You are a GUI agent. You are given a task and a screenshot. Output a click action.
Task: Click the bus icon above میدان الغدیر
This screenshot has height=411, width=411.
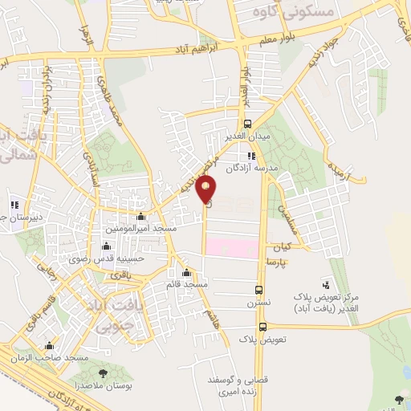[248, 124]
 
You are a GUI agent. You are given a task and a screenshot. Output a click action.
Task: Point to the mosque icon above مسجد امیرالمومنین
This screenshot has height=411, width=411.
[141, 217]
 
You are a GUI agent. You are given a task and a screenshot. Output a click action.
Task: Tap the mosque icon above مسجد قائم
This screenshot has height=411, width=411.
[187, 271]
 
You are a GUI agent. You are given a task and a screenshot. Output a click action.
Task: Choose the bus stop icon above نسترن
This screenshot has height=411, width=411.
[258, 290]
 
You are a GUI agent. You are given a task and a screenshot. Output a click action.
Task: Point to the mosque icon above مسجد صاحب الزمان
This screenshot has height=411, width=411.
[51, 344]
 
